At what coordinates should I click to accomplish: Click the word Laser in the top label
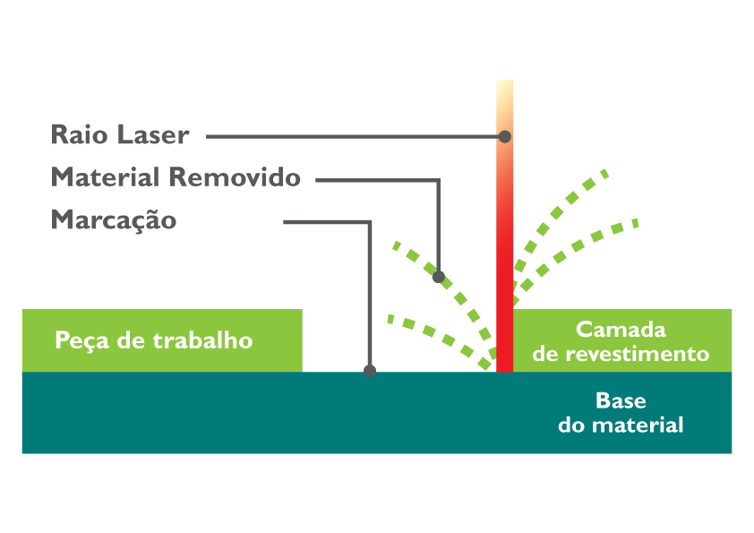pyautogui.click(x=154, y=135)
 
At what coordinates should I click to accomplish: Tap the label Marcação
pyautogui.click(x=114, y=219)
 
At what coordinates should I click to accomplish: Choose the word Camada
pyautogui.click(x=621, y=329)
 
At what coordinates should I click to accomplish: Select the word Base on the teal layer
pyautogui.click(x=621, y=400)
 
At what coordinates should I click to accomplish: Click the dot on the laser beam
pyautogui.click(x=505, y=137)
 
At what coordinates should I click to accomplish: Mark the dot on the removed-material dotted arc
pyautogui.click(x=439, y=277)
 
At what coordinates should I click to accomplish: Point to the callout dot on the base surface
pyautogui.click(x=370, y=371)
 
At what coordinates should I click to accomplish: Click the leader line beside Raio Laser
pyautogui.click(x=349, y=137)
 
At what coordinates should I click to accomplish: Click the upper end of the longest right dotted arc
pyautogui.click(x=607, y=172)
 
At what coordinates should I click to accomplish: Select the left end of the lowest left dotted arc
pyautogui.click(x=391, y=318)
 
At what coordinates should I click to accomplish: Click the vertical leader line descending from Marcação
pyautogui.click(x=370, y=296)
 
